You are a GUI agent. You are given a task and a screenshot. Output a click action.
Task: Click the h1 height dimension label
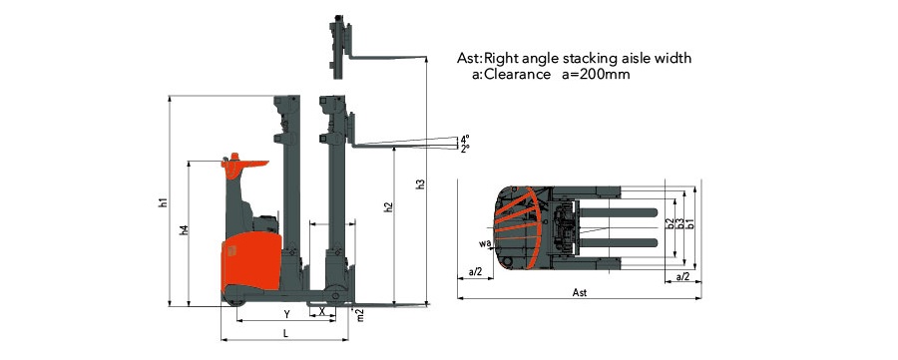click(x=163, y=203)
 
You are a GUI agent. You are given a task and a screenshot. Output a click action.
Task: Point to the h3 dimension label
click(x=420, y=184)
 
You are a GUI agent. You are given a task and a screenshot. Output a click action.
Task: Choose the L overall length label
click(x=285, y=331)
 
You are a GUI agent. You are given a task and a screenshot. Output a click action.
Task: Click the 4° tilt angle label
click(x=465, y=139)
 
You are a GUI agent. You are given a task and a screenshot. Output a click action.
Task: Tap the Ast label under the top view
click(x=579, y=293)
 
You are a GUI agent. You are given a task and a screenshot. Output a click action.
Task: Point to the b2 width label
click(x=670, y=224)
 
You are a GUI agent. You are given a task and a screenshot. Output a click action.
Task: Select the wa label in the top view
click(x=484, y=242)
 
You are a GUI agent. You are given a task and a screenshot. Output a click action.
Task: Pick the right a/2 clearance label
click(x=682, y=276)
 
